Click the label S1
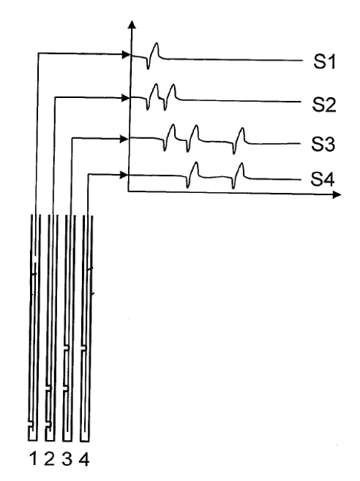click(324, 61)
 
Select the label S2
click(323, 105)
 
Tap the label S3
click(323, 144)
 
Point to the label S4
click(322, 179)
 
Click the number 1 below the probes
click(33, 459)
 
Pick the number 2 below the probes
click(50, 459)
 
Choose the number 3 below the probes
click(67, 459)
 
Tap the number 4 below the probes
click(84, 459)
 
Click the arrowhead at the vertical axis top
click(132, 24)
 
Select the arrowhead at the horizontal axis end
click(337, 194)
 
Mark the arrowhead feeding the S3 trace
click(124, 139)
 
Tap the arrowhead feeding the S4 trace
click(124, 175)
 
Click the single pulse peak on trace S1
click(157, 43)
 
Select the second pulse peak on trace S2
click(173, 85)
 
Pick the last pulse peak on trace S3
click(242, 128)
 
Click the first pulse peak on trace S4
click(196, 162)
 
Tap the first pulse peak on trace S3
click(173, 125)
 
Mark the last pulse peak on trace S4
click(241, 164)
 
